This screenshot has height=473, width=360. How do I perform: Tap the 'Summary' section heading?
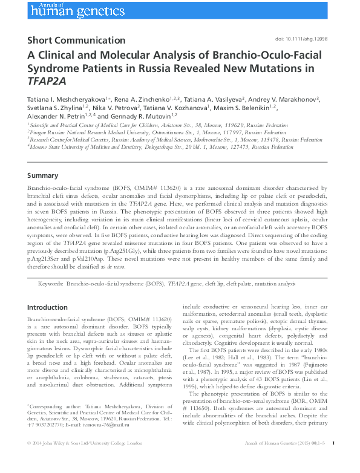point(43,176)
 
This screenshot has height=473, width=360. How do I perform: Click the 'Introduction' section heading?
point(48,307)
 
